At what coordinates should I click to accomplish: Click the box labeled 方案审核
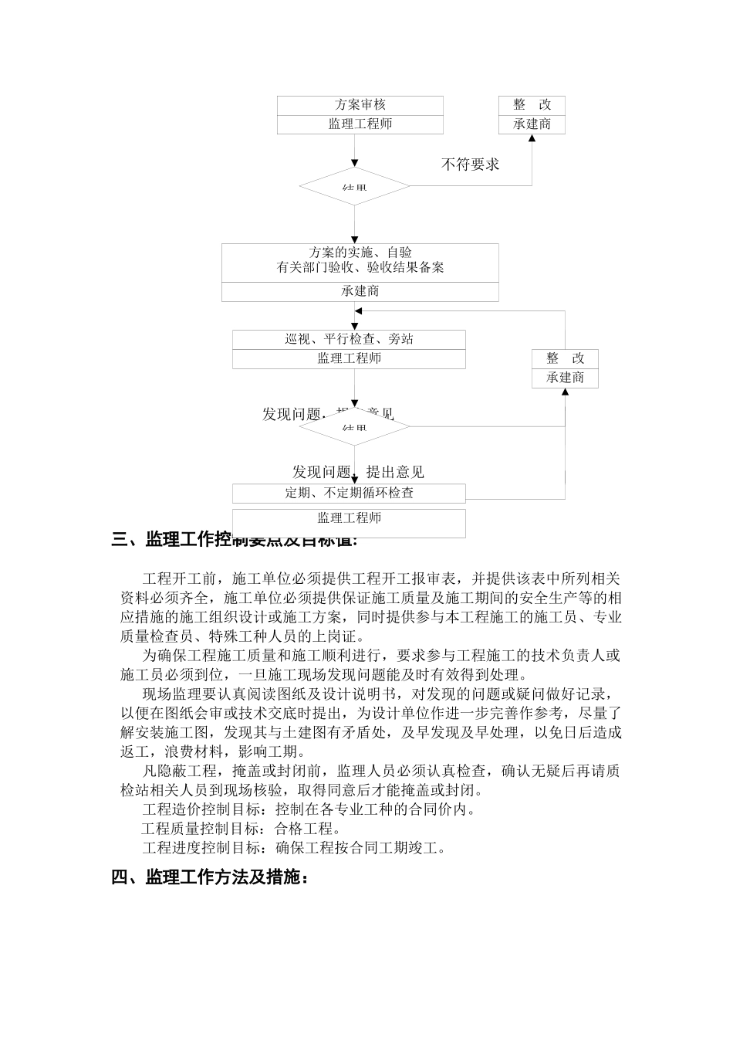click(x=360, y=105)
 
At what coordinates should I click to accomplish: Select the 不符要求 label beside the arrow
click(x=470, y=164)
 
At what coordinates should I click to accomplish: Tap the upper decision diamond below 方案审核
click(x=354, y=186)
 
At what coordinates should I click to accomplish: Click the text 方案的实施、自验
click(x=360, y=253)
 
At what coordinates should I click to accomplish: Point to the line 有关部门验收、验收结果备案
click(x=360, y=268)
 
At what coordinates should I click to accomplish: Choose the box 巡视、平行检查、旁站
click(x=349, y=339)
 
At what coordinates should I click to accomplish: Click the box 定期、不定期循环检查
click(x=349, y=493)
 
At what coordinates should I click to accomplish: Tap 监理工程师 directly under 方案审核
click(x=360, y=124)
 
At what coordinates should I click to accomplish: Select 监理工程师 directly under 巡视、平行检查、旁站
click(x=349, y=358)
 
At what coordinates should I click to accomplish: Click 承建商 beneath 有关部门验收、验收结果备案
click(x=360, y=291)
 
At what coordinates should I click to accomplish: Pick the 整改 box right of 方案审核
click(x=532, y=105)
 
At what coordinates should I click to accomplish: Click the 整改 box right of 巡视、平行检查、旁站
click(x=565, y=358)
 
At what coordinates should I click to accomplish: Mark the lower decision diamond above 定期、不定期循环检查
click(x=354, y=426)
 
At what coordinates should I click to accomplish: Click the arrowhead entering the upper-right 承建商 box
click(x=532, y=138)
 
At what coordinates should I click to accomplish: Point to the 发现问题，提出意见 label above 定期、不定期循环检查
click(x=358, y=472)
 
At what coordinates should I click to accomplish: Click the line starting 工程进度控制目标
click(x=294, y=848)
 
